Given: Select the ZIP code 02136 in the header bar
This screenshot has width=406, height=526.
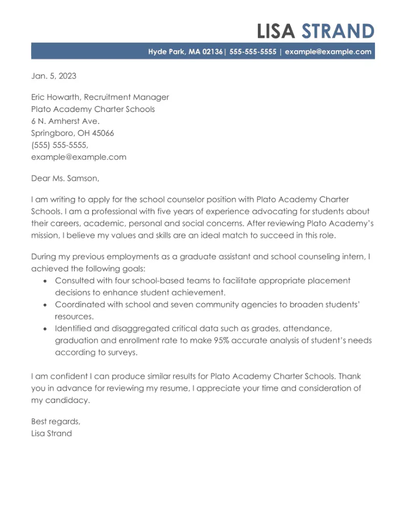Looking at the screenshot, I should coord(213,52).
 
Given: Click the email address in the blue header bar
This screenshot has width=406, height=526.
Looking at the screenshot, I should coord(328,52).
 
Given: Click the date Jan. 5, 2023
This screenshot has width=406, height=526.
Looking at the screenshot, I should coord(53,76).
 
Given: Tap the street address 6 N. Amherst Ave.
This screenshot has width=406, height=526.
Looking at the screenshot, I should coord(65,121).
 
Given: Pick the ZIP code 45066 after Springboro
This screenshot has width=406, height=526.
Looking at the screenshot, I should coord(103,133).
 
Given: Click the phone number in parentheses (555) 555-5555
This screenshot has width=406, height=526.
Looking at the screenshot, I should coord(60,145).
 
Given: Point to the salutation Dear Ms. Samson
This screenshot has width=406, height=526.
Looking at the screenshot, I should coord(64,178).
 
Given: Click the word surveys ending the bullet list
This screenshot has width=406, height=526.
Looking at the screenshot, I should coord(122,353).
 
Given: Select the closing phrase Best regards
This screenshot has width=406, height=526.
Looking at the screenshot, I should coord(55,421).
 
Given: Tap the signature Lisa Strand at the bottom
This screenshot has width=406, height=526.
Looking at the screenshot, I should coord(51,433).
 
